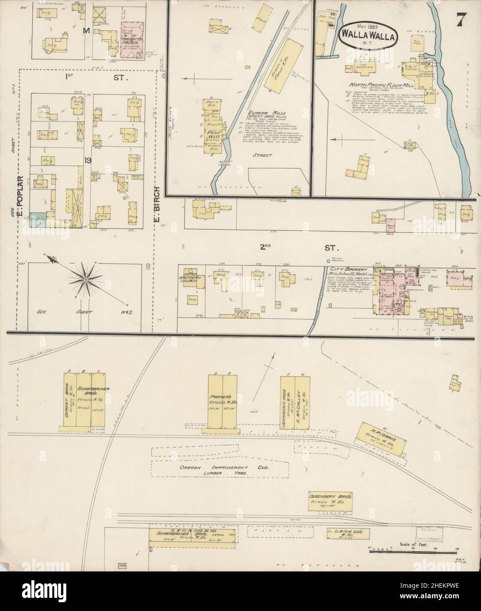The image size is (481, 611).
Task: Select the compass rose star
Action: coord(85,279)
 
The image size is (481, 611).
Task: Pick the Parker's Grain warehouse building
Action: coord(223,401)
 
